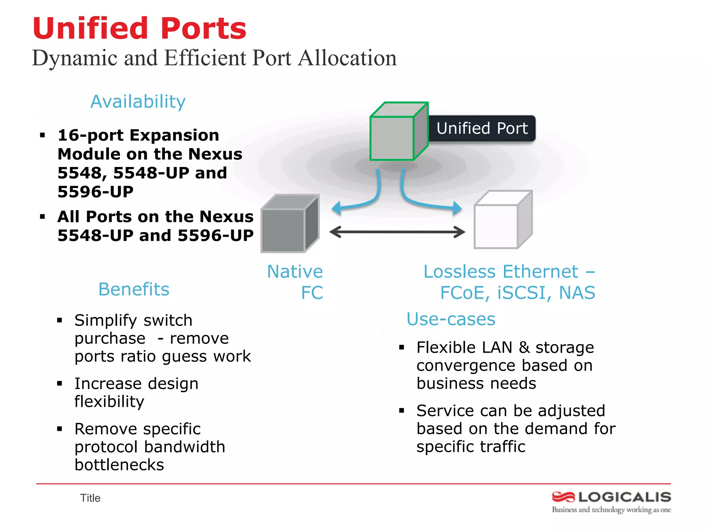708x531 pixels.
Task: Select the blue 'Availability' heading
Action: (138, 102)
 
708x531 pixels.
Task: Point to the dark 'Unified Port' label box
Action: (482, 129)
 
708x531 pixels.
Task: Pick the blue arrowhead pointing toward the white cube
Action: (457, 208)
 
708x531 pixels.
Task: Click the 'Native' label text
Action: (295, 272)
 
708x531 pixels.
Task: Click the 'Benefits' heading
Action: (134, 289)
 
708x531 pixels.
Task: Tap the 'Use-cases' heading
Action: (451, 319)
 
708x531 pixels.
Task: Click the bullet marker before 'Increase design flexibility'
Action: (60, 383)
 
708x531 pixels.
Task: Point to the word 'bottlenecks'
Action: (119, 465)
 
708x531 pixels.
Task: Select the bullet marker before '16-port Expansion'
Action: (43, 135)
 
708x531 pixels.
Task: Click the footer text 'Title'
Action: (90, 498)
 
